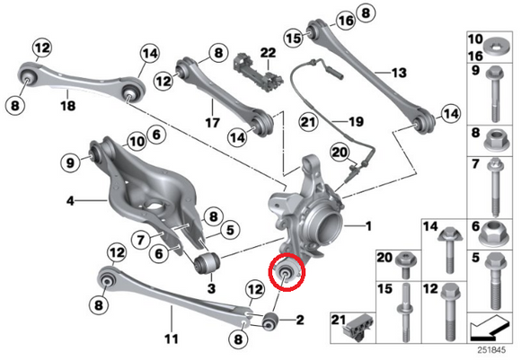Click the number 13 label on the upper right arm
coord(399,71)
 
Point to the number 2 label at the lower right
coord(299,319)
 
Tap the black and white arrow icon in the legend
coord(493,325)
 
